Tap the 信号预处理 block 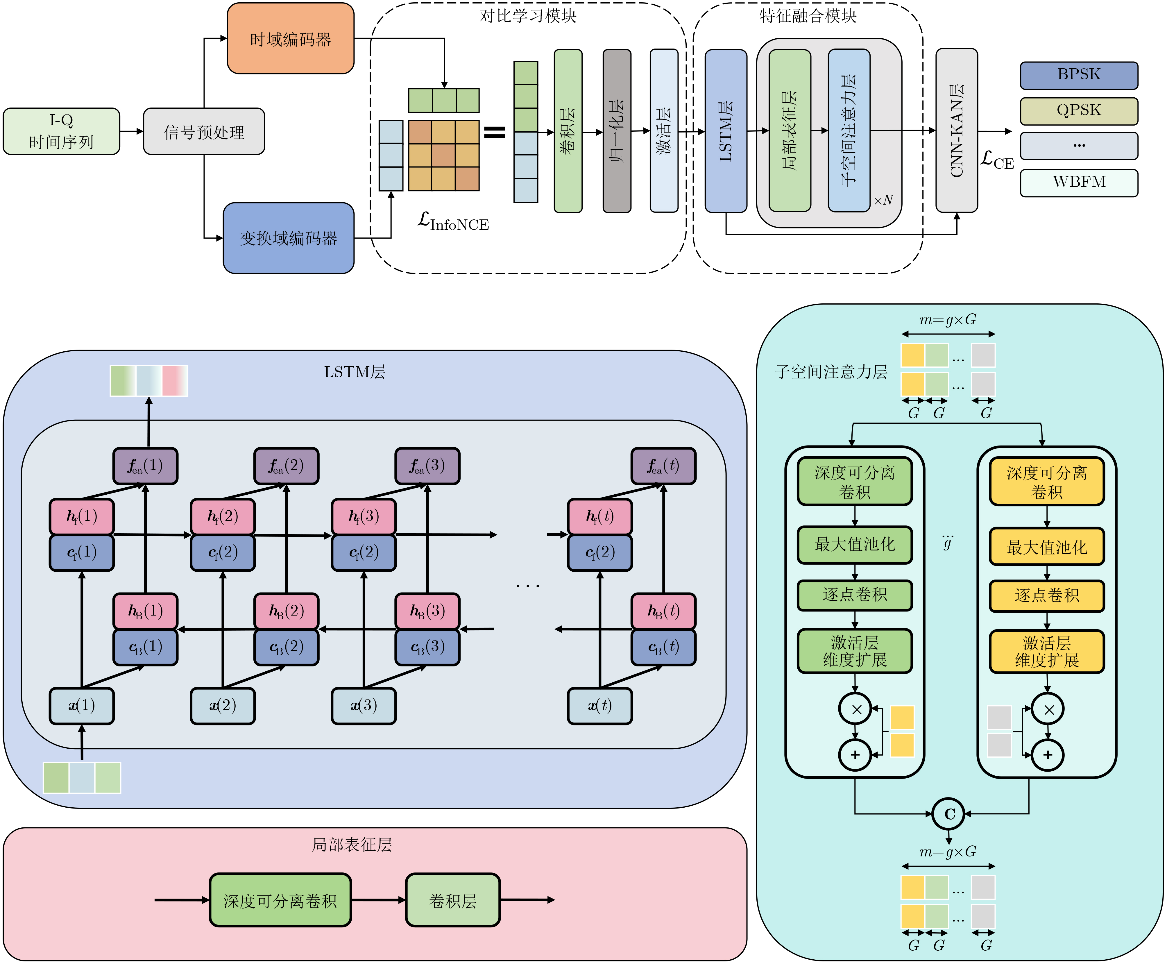pyautogui.click(x=204, y=132)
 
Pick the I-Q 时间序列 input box pyautogui.click(x=61, y=131)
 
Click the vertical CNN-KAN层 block pyautogui.click(x=956, y=130)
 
